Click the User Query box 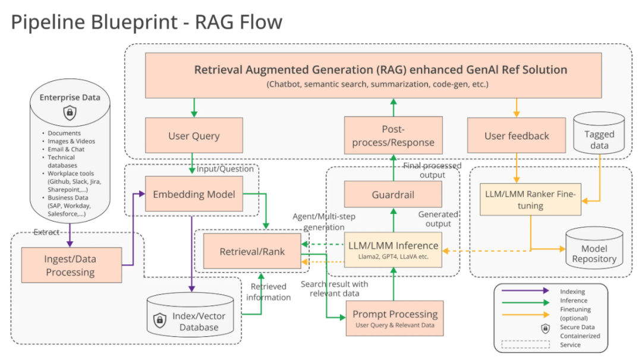[x=194, y=136]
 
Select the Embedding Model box [x=194, y=194]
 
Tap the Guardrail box [x=393, y=194]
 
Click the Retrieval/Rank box [x=252, y=251]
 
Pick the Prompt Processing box [x=395, y=318]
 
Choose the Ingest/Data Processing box [x=70, y=266]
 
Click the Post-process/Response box [x=393, y=136]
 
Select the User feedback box [x=517, y=136]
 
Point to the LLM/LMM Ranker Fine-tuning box [x=530, y=199]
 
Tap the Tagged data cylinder [x=599, y=139]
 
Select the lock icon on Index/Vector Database [x=159, y=321]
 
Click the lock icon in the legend [x=545, y=328]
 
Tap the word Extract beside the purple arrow [x=46, y=232]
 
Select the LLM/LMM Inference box [x=393, y=250]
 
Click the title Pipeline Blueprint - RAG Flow [x=146, y=22]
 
